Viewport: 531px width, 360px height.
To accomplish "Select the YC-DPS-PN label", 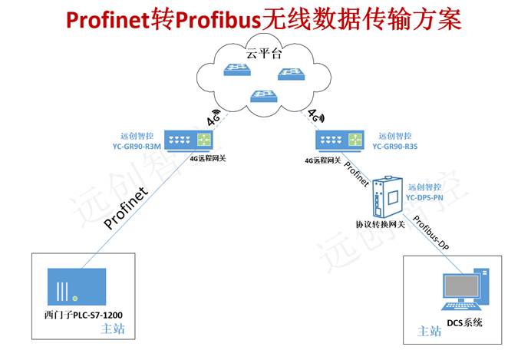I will (x=425, y=197).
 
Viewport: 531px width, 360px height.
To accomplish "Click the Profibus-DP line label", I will (x=432, y=234).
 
